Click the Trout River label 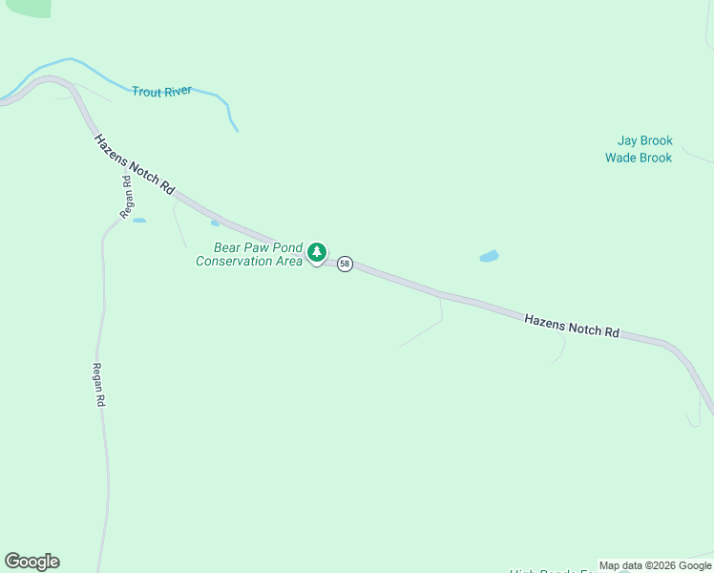161,91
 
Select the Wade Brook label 639,158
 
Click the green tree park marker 317,253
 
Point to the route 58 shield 345,264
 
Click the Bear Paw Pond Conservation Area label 248,254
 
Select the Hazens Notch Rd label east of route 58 571,325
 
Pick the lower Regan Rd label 97,385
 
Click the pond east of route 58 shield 489,256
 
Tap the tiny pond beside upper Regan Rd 139,221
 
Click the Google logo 31,562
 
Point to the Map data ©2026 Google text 655,565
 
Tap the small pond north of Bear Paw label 215,223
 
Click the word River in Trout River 178,91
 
